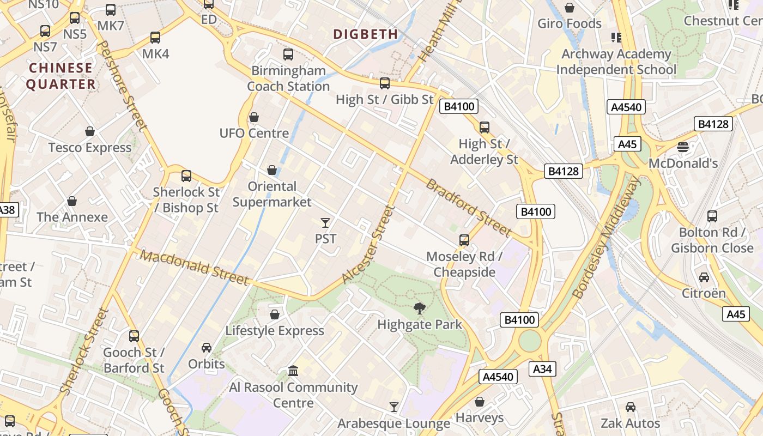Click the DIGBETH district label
[366, 34]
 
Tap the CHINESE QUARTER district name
[61, 76]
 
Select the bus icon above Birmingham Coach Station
[288, 55]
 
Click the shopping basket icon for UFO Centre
[254, 117]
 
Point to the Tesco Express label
[90, 148]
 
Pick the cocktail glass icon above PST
[325, 222]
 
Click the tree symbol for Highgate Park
[420, 308]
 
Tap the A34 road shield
[542, 369]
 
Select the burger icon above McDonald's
[683, 147]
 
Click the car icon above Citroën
[704, 277]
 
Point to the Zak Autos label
[630, 423]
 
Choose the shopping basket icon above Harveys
[480, 402]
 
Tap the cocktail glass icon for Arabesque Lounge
[394, 407]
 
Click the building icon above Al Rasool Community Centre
[293, 371]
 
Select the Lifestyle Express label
[275, 331]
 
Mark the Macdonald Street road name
[195, 267]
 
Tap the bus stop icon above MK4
[155, 38]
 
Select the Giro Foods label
[570, 23]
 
